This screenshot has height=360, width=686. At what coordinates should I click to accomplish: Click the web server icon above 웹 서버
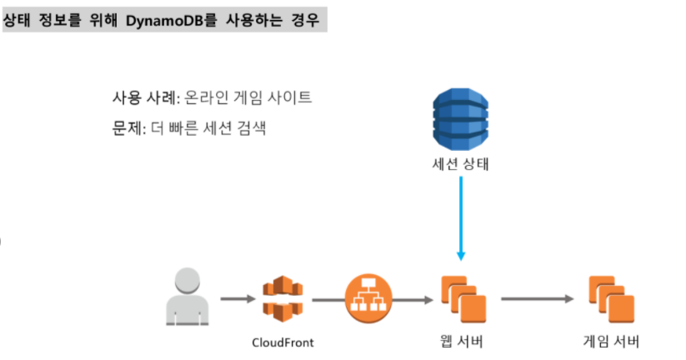[x=462, y=298]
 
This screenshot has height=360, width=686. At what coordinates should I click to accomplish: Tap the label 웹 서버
[x=460, y=342]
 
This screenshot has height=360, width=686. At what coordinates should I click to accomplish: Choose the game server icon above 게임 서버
[x=612, y=298]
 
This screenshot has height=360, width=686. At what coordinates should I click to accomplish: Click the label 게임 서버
[x=612, y=342]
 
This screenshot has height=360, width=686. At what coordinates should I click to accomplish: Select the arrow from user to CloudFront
[x=238, y=297]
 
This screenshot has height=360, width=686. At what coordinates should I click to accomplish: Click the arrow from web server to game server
[x=538, y=297]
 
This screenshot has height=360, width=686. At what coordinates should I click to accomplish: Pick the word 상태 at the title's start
[x=20, y=17]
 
